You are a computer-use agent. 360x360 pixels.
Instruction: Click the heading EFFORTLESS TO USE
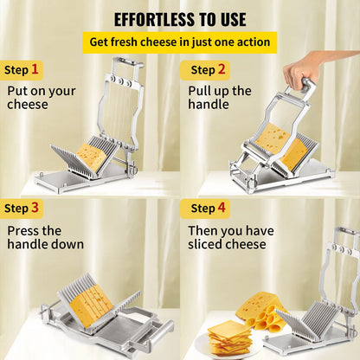point(180,19)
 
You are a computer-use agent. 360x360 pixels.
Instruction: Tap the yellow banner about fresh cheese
point(180,42)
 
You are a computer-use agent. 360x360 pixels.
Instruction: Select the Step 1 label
point(22,69)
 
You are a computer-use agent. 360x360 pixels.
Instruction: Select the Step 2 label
point(209,69)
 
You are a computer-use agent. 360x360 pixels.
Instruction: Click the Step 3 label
point(22,208)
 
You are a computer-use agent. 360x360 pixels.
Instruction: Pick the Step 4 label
point(209,208)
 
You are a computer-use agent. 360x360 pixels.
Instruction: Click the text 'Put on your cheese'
point(41,97)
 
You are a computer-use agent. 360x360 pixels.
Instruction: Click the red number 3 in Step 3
point(35,208)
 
